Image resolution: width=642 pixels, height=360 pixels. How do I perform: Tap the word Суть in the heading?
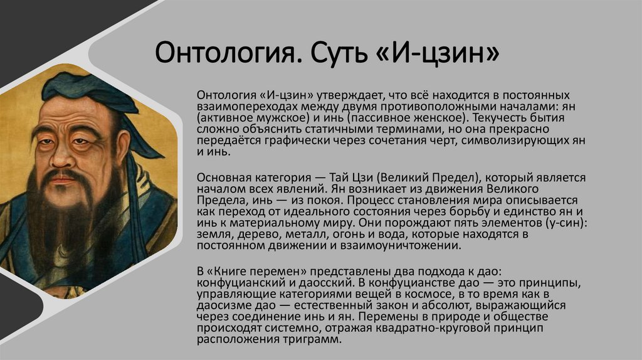331,53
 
